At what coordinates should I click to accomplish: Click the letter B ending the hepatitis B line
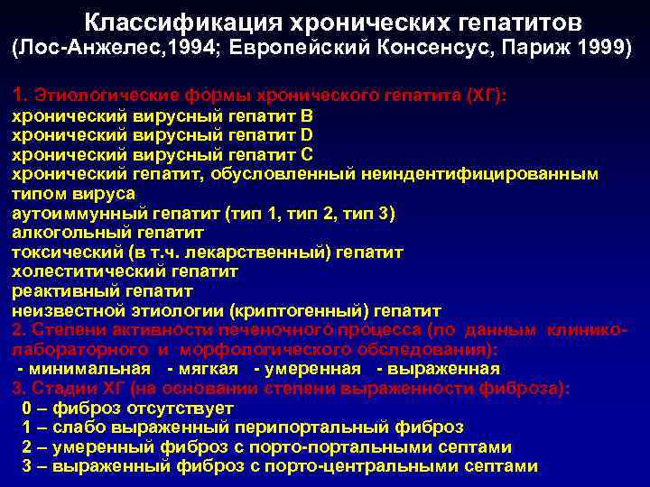tap(307, 116)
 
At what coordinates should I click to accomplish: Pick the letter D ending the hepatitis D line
tap(307, 135)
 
